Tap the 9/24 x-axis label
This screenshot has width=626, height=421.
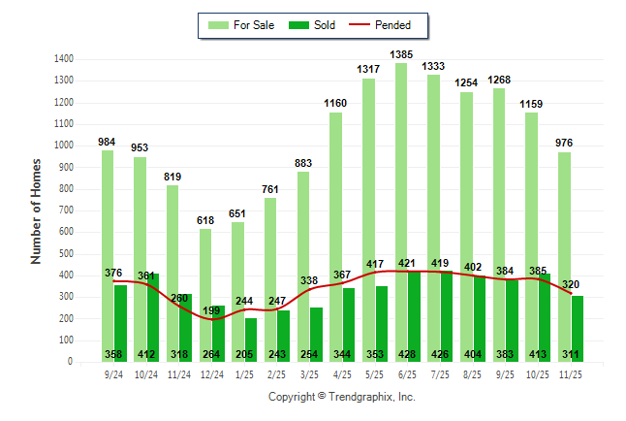click(x=113, y=374)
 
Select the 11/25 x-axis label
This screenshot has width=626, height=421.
click(x=571, y=374)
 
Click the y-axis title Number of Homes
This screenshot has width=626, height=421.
click(x=37, y=210)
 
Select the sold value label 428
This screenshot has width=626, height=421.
click(x=407, y=355)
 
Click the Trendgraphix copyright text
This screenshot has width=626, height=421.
click(x=341, y=397)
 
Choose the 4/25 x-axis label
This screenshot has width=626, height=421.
click(x=342, y=374)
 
